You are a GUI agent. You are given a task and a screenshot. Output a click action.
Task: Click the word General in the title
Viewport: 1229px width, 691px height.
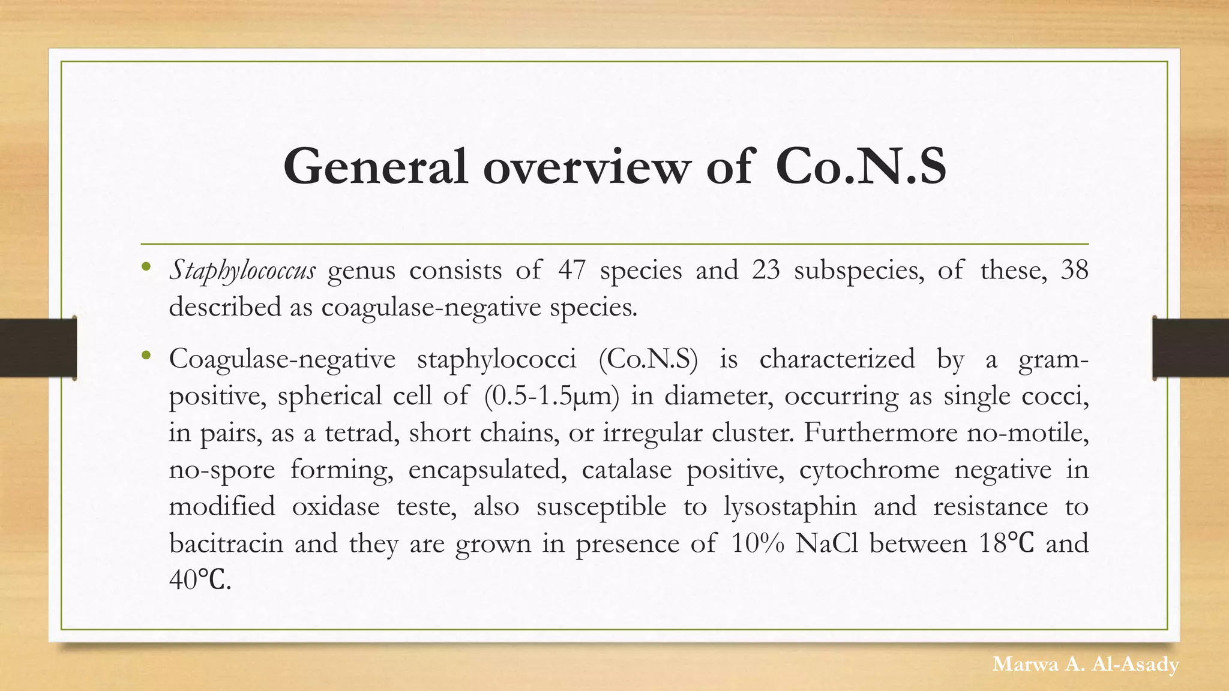click(x=375, y=166)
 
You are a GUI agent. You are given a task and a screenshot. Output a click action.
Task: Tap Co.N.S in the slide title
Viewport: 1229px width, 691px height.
click(x=861, y=166)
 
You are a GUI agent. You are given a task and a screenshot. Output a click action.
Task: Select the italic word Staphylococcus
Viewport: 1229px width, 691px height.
click(x=242, y=271)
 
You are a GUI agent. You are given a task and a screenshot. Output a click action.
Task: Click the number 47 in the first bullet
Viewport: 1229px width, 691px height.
click(x=572, y=270)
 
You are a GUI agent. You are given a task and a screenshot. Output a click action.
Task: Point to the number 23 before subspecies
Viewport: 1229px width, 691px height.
click(x=766, y=270)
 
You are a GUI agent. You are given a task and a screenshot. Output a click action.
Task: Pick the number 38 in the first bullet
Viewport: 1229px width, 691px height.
click(x=1074, y=270)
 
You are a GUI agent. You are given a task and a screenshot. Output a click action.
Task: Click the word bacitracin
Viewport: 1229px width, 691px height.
click(x=226, y=543)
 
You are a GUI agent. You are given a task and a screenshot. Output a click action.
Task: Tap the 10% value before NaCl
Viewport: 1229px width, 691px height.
click(x=758, y=543)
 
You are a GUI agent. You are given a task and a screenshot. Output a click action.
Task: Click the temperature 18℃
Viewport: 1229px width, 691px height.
click(x=1006, y=543)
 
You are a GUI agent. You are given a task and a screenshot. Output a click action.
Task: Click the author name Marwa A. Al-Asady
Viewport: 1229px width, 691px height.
click(x=1086, y=664)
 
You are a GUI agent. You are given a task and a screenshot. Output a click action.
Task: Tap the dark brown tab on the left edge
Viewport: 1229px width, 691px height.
click(x=38, y=348)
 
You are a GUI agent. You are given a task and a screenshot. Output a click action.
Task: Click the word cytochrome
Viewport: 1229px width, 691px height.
click(x=869, y=470)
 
